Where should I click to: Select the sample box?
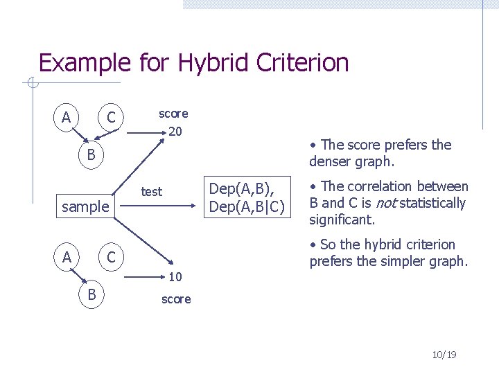coord(85,206)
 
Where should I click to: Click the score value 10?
coord(176,278)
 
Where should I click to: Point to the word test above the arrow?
coord(151,192)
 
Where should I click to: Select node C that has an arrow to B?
coord(110,117)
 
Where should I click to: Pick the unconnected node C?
coord(110,258)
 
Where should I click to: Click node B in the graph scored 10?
coord(91,294)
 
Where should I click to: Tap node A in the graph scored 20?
coord(66,117)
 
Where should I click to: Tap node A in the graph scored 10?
coord(66,258)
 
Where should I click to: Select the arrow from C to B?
coord(101,135)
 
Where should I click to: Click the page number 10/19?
coord(444,355)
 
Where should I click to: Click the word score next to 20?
coord(173,113)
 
